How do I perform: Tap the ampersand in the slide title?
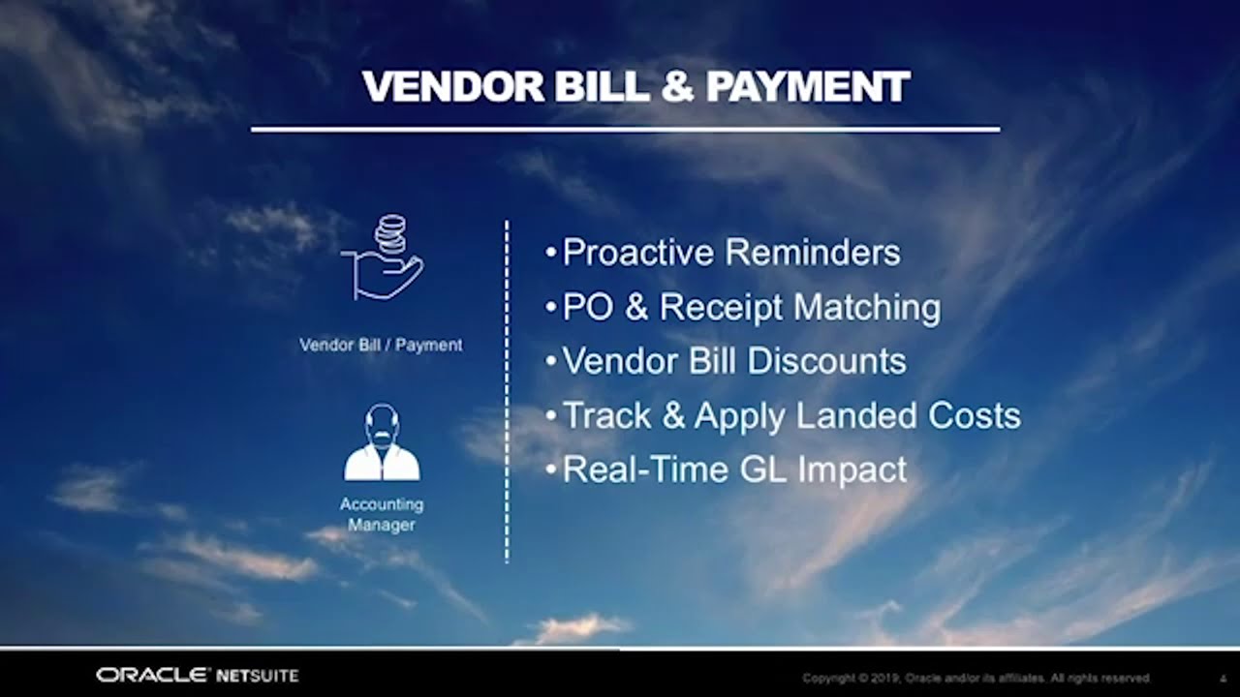677,87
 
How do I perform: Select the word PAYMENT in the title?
808,87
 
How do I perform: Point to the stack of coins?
390,232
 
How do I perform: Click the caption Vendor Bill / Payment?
381,346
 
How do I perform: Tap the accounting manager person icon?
382,442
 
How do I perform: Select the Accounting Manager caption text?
382,514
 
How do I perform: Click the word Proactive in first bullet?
638,253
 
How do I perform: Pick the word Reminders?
813,253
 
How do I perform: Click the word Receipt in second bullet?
722,308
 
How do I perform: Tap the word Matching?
867,308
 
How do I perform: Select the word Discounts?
827,361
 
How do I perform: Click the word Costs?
975,415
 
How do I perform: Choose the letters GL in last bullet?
762,470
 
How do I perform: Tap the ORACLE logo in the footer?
153,676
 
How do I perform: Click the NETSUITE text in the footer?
258,676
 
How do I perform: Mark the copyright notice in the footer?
976,679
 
